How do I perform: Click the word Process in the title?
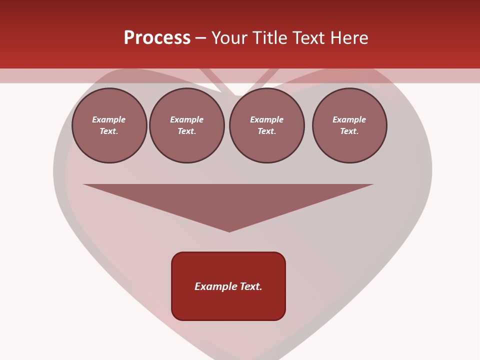157,38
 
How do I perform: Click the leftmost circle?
109,125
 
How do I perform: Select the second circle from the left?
186,125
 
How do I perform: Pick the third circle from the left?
266,125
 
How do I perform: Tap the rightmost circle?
349,125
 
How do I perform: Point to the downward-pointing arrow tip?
229,230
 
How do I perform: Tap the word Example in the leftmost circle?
109,119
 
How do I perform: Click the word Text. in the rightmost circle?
349,131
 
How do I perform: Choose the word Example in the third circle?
266,119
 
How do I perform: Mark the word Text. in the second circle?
186,131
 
